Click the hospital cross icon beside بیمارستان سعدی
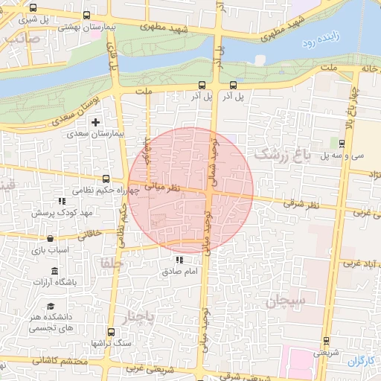click(95, 121)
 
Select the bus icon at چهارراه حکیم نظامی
click(106, 179)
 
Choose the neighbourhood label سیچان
click(285, 301)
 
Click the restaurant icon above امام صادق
click(179, 260)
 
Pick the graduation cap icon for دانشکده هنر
click(51, 307)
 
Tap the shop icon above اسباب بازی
click(50, 238)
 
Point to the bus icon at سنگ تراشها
click(112, 331)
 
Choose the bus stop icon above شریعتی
click(327, 342)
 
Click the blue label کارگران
click(362, 361)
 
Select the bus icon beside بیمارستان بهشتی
click(88, 15)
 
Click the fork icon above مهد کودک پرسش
click(62, 201)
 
